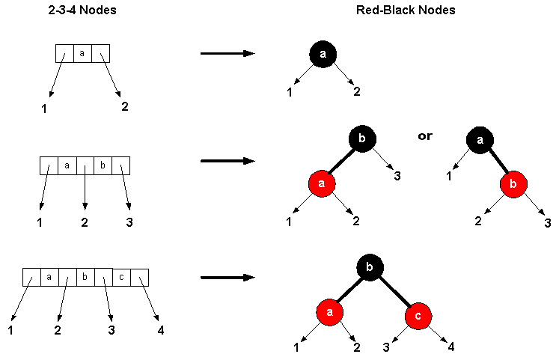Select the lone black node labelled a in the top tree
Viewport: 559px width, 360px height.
coord(323,54)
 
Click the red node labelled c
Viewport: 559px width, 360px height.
coord(418,315)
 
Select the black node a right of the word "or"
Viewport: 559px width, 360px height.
coord(480,139)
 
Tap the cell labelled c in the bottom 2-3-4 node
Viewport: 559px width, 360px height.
coord(121,277)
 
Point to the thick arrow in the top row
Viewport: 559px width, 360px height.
coord(227,54)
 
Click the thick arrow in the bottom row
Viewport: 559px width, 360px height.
coord(227,278)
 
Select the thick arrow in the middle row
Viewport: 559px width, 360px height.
coord(227,161)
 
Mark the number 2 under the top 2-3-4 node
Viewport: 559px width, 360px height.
coord(124,106)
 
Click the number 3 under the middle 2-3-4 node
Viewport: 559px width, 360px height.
coord(131,222)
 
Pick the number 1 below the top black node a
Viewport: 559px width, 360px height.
coord(289,92)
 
